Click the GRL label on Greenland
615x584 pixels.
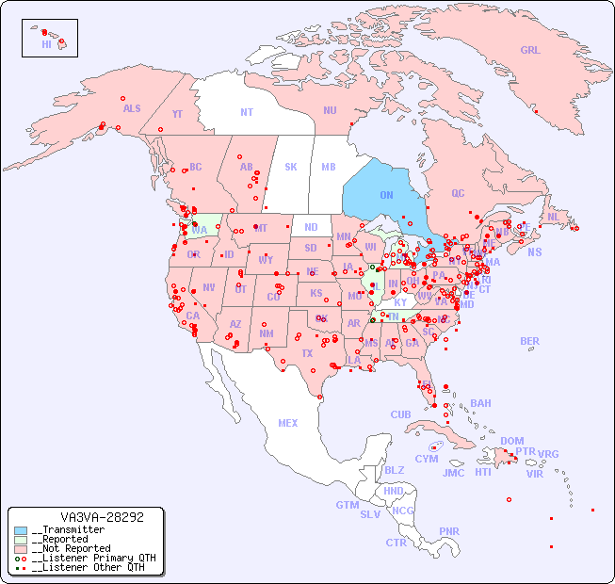click(530, 51)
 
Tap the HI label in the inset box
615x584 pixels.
click(46, 44)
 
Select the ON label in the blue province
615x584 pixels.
click(386, 195)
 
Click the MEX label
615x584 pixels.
click(288, 423)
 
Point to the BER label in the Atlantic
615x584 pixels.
click(529, 341)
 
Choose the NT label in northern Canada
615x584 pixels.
click(247, 111)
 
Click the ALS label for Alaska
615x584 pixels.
click(132, 108)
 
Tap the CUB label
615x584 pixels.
click(400, 414)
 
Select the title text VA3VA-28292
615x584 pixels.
click(102, 517)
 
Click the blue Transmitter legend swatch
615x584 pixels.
click(21, 530)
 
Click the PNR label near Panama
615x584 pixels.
click(449, 531)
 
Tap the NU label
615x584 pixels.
click(330, 110)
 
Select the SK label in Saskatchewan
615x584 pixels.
click(291, 167)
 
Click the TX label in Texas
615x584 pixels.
click(306, 353)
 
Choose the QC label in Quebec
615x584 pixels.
click(458, 193)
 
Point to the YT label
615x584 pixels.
click(177, 114)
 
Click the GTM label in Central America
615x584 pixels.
click(347, 505)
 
